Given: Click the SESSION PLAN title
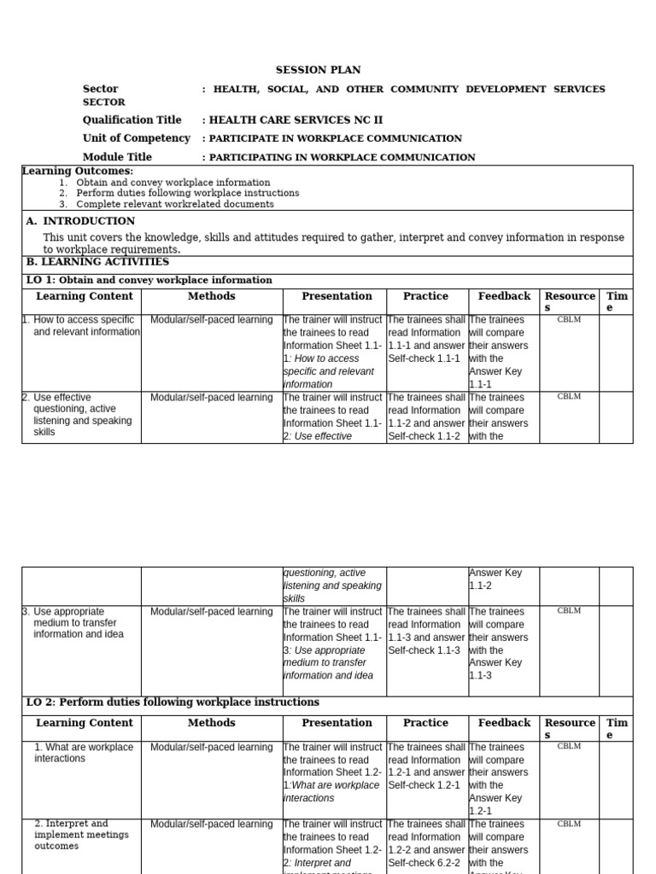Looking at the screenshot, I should pyautogui.click(x=318, y=70).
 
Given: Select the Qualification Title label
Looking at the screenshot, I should pyautogui.click(x=132, y=120).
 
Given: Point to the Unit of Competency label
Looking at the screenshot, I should pyautogui.click(x=136, y=138).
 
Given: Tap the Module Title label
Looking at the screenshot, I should pyautogui.click(x=117, y=157).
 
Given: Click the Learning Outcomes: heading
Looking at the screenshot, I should pyautogui.click(x=78, y=172).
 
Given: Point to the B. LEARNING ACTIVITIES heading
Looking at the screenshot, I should pyautogui.click(x=97, y=262).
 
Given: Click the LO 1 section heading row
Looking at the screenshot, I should pyautogui.click(x=149, y=280).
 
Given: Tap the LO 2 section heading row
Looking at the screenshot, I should pyautogui.click(x=173, y=702).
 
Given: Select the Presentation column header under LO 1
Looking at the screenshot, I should pyautogui.click(x=337, y=296).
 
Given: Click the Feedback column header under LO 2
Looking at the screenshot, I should pyautogui.click(x=504, y=723).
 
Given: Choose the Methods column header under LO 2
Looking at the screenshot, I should pyautogui.click(x=211, y=723).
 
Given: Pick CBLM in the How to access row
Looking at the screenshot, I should pyautogui.click(x=569, y=319).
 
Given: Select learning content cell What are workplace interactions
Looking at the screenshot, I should pyautogui.click(x=83, y=753).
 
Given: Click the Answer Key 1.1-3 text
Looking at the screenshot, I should pyautogui.click(x=495, y=669).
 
